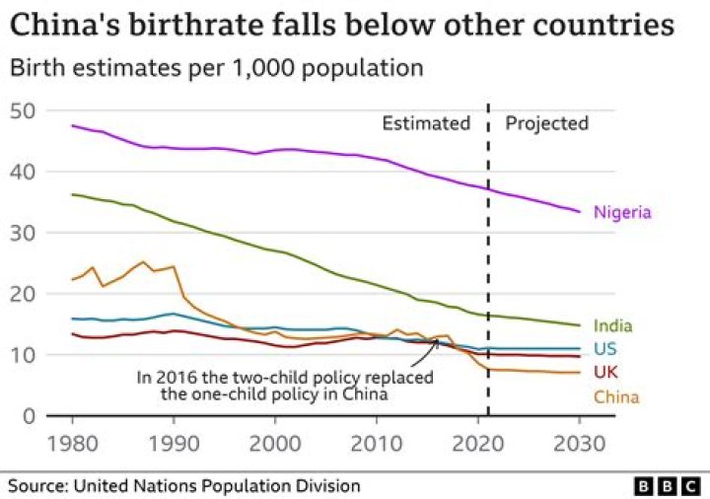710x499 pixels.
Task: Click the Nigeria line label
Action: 621,212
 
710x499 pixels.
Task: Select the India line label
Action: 612,326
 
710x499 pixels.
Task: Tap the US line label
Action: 606,349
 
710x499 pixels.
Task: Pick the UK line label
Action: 606,372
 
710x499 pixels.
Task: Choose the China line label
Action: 615,397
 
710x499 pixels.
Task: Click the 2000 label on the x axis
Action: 275,444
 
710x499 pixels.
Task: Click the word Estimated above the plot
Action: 426,123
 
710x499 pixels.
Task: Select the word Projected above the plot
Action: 546,123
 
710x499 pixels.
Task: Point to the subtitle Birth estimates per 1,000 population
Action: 216,68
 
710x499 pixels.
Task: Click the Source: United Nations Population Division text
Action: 184,486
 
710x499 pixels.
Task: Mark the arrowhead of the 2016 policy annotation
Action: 437,340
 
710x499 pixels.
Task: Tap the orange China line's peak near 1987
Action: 143,262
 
